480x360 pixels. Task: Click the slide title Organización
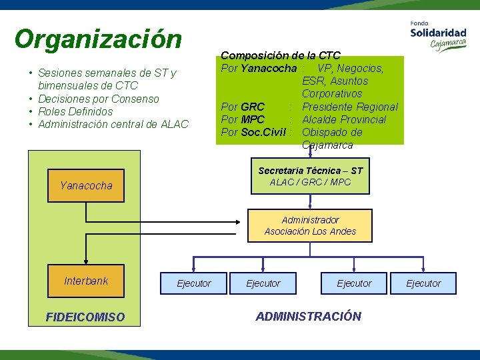coord(98,39)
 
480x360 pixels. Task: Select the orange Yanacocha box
coord(87,186)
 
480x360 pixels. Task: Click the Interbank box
coord(86,281)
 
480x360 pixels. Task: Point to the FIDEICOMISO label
coord(85,317)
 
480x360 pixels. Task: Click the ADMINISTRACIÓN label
coord(308,316)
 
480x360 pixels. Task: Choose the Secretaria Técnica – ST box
coord(310,176)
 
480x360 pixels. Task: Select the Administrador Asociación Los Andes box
coord(310,226)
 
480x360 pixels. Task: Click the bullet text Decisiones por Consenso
coord(99,99)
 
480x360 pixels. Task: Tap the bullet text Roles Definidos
coord(75,111)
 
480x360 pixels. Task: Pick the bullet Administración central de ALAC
coord(113,124)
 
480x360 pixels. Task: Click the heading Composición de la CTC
coord(281,55)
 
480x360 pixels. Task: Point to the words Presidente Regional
coord(349,107)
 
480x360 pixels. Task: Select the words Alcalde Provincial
coord(344,119)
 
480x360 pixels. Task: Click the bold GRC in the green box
coord(253,107)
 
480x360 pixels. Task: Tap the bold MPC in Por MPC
coord(253,119)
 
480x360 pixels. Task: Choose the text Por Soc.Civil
coord(253,132)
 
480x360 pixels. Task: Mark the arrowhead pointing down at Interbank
coord(86,262)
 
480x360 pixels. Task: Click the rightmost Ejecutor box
coord(423,283)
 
